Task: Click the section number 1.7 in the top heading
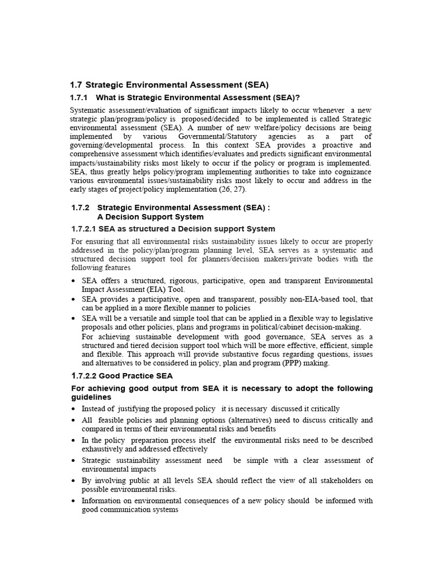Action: coord(76,85)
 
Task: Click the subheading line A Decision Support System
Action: coord(150,217)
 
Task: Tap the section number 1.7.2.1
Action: coord(83,229)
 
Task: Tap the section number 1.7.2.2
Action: coord(83,376)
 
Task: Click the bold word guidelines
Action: coord(91,397)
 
